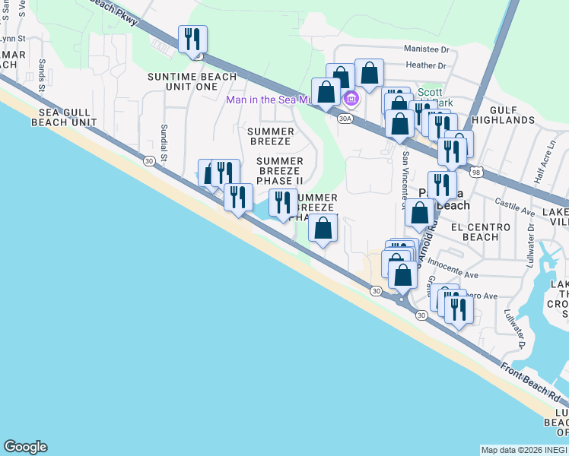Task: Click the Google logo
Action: click(25, 447)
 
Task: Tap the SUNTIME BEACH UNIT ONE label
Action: click(183, 82)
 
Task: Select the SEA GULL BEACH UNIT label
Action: click(64, 117)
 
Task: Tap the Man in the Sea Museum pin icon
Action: click(351, 99)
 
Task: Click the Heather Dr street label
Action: click(426, 66)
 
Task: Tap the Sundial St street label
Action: click(164, 138)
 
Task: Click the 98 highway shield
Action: click(476, 173)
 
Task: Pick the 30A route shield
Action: click(345, 119)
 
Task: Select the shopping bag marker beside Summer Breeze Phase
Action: click(323, 228)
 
